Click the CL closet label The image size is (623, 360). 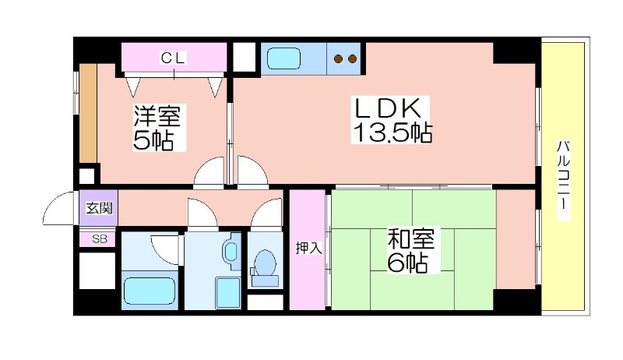(173, 58)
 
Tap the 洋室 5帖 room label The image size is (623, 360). (157, 128)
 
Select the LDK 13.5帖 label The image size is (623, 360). (392, 120)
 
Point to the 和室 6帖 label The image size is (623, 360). (411, 250)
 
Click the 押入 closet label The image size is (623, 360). (308, 249)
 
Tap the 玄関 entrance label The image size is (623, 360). (100, 208)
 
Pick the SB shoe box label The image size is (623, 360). (100, 239)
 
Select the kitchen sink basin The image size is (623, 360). (283, 58)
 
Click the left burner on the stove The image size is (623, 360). (338, 59)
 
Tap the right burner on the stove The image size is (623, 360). (352, 59)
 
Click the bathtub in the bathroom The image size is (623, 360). (150, 291)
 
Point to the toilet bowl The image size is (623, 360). (265, 263)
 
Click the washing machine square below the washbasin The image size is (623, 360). (228, 293)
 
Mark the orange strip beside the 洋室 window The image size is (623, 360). (88, 113)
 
